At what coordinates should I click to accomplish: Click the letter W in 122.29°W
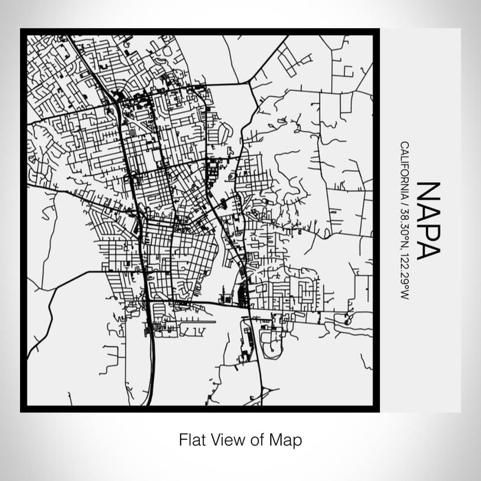tap(404, 295)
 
